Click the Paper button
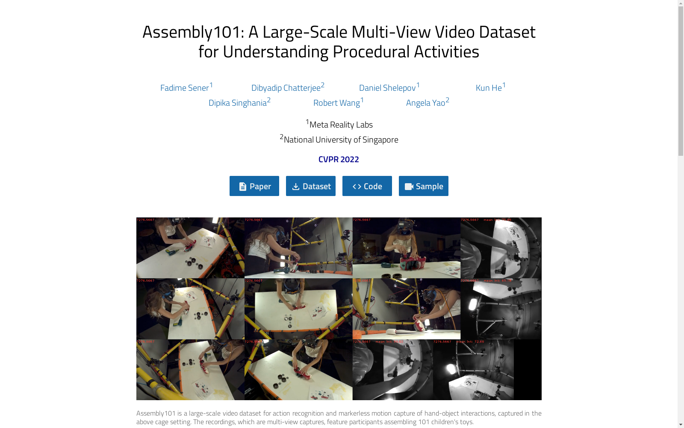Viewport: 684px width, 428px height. tap(254, 186)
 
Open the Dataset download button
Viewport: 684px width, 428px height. tap(311, 186)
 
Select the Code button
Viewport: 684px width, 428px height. tap(367, 186)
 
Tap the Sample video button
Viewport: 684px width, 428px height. tap(424, 186)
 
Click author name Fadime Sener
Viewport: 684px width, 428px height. tap(185, 88)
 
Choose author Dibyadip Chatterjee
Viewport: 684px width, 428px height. tap(286, 88)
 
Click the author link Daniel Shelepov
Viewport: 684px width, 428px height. tap(387, 88)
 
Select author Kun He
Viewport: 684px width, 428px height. tap(489, 88)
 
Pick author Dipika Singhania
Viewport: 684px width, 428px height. tap(238, 103)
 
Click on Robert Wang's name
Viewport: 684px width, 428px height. tap(337, 103)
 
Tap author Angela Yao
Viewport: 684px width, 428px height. tap(426, 103)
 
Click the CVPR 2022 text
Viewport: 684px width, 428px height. tap(339, 159)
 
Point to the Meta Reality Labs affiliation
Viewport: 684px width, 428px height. tap(341, 125)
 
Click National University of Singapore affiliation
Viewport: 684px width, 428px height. tap(341, 140)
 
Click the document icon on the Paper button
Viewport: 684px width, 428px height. tap(243, 187)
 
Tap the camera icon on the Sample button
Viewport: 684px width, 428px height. tap(409, 187)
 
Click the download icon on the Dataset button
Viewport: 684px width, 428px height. tap(296, 187)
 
